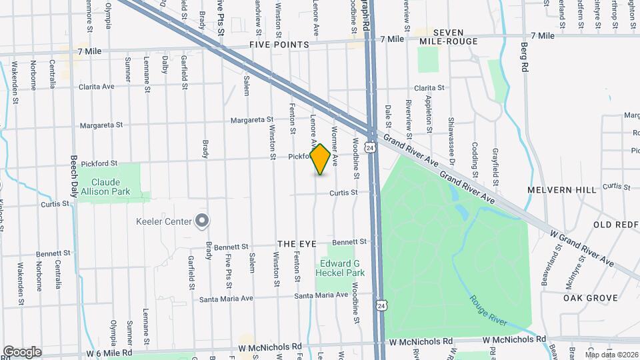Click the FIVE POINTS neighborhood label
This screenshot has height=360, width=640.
279,45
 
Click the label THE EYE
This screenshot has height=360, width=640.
295,244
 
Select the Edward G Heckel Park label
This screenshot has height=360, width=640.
340,268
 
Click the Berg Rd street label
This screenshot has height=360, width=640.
524,59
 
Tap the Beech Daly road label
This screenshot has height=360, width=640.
74,176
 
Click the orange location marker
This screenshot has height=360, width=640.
321,159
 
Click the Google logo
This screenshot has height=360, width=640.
22,352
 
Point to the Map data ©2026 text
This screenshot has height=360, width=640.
611,354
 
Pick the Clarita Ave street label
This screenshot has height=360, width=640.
97,87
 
